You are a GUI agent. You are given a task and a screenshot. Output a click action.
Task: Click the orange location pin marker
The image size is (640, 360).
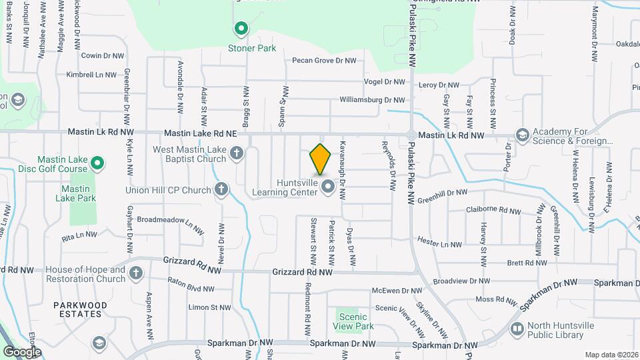click(321, 159)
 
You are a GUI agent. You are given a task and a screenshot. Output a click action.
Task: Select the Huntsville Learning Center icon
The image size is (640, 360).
click(327, 187)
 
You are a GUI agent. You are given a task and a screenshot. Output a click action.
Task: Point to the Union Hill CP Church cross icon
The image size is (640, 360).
click(222, 190)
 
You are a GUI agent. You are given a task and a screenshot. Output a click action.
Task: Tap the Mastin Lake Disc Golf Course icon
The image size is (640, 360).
click(97, 162)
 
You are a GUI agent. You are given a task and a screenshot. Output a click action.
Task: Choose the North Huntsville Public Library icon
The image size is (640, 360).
click(517, 329)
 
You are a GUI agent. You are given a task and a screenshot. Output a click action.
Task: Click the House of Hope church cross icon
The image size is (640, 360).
click(136, 273)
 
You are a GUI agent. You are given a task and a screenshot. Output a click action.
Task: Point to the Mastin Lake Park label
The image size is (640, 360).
click(83, 193)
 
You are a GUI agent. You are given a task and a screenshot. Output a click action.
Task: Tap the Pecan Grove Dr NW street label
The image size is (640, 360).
click(324, 61)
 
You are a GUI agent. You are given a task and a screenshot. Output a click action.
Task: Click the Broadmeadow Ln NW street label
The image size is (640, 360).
click(169, 221)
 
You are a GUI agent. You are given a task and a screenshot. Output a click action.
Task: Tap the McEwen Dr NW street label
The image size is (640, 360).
click(397, 291)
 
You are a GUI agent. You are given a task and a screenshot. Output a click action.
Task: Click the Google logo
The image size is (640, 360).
click(22, 351)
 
